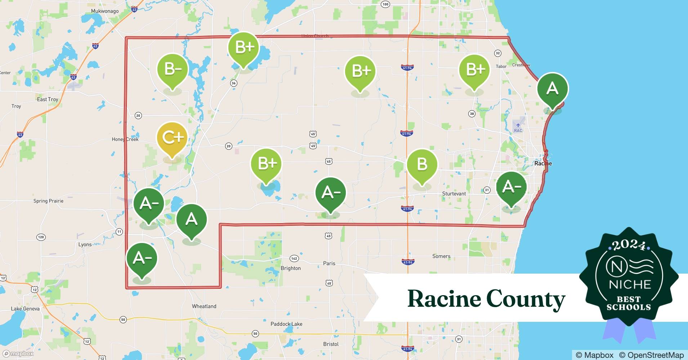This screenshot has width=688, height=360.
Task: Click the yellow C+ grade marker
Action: click(172, 138)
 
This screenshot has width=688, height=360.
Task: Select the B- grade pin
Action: click(173, 69)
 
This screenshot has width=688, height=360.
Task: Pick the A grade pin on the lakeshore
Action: click(552, 89)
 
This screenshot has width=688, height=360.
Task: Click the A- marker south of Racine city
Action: click(511, 187)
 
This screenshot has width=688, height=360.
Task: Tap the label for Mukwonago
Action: click(105, 11)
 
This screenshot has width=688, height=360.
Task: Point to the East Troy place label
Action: click(48, 99)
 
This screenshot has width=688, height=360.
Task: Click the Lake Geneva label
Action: click(25, 309)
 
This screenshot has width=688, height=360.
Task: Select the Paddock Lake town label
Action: click(286, 324)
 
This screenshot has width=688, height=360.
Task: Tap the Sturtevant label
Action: click(454, 194)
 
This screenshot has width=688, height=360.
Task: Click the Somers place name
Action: click(441, 256)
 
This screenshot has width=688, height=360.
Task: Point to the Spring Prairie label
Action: click(48, 201)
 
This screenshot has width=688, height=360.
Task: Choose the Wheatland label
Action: click(204, 306)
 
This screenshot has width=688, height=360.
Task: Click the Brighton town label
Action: click(291, 268)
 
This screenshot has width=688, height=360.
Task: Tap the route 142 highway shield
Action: click(294, 258)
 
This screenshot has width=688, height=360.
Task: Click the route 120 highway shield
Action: click(41, 237)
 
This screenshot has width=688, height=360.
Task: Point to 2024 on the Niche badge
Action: click(629, 246)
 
